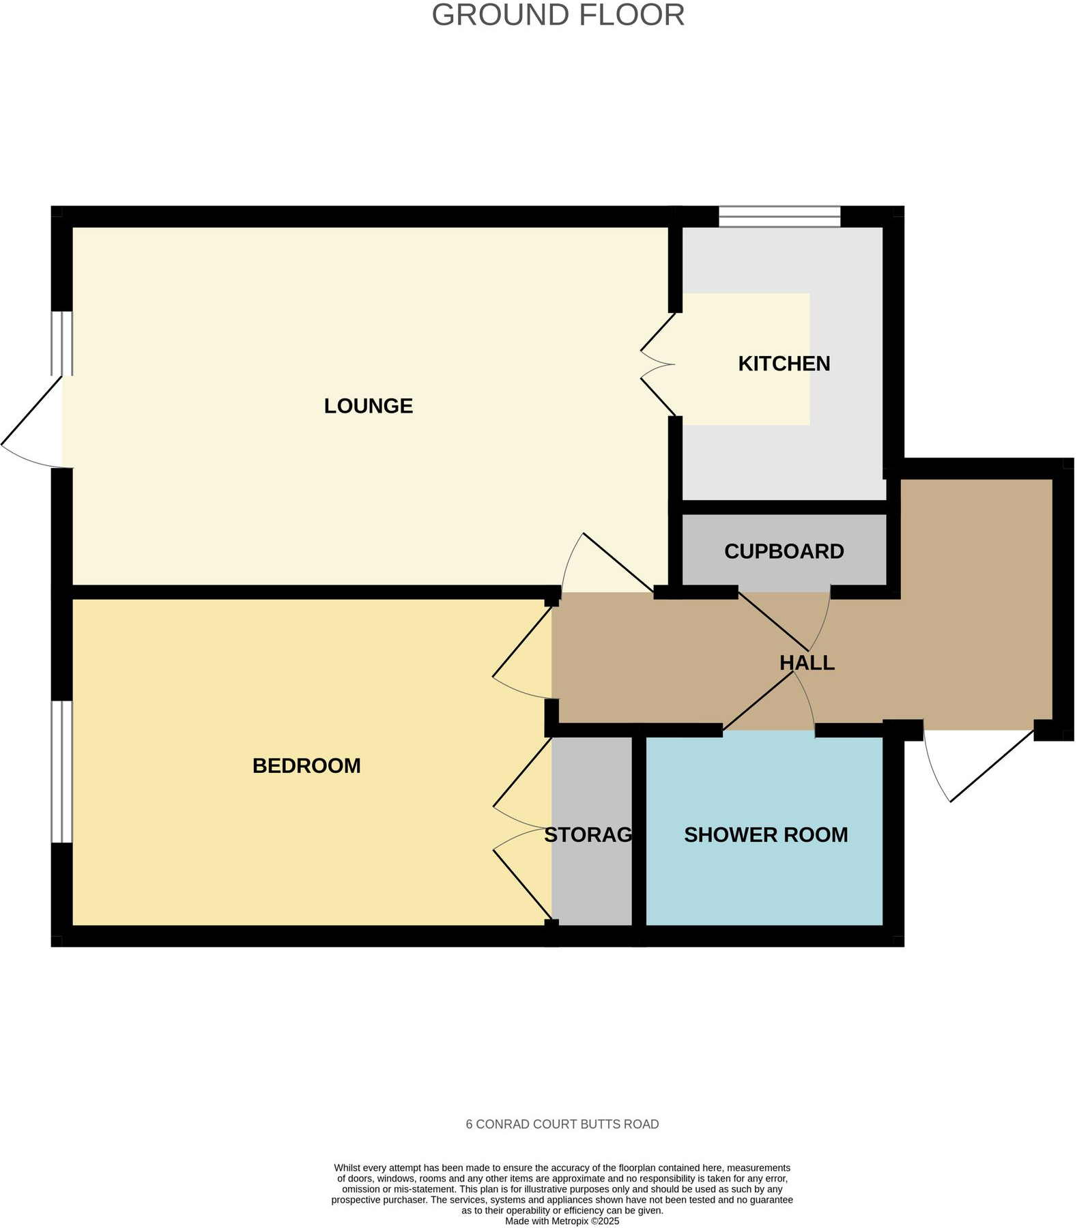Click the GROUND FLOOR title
point(558,15)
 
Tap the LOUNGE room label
point(368,406)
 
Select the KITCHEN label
point(784,364)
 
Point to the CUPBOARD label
point(784,551)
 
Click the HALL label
point(807,662)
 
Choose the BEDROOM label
point(306,765)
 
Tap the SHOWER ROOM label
point(766,834)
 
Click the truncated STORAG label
point(588,834)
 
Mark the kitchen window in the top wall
point(779,216)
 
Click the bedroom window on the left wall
point(61,771)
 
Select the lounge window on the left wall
point(62,343)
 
